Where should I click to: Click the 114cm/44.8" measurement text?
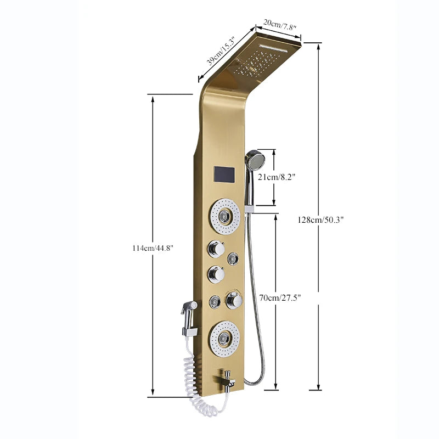coord(153,248)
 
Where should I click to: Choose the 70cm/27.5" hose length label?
coord(280,297)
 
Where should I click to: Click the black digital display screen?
coord(222,175)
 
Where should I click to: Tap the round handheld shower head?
coord(255,160)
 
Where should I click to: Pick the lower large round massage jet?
coord(223,334)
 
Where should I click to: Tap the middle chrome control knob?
coord(216,274)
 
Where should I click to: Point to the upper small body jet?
coord(234,258)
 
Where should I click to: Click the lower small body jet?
coord(215,301)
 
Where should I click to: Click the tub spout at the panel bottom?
coord(226,378)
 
